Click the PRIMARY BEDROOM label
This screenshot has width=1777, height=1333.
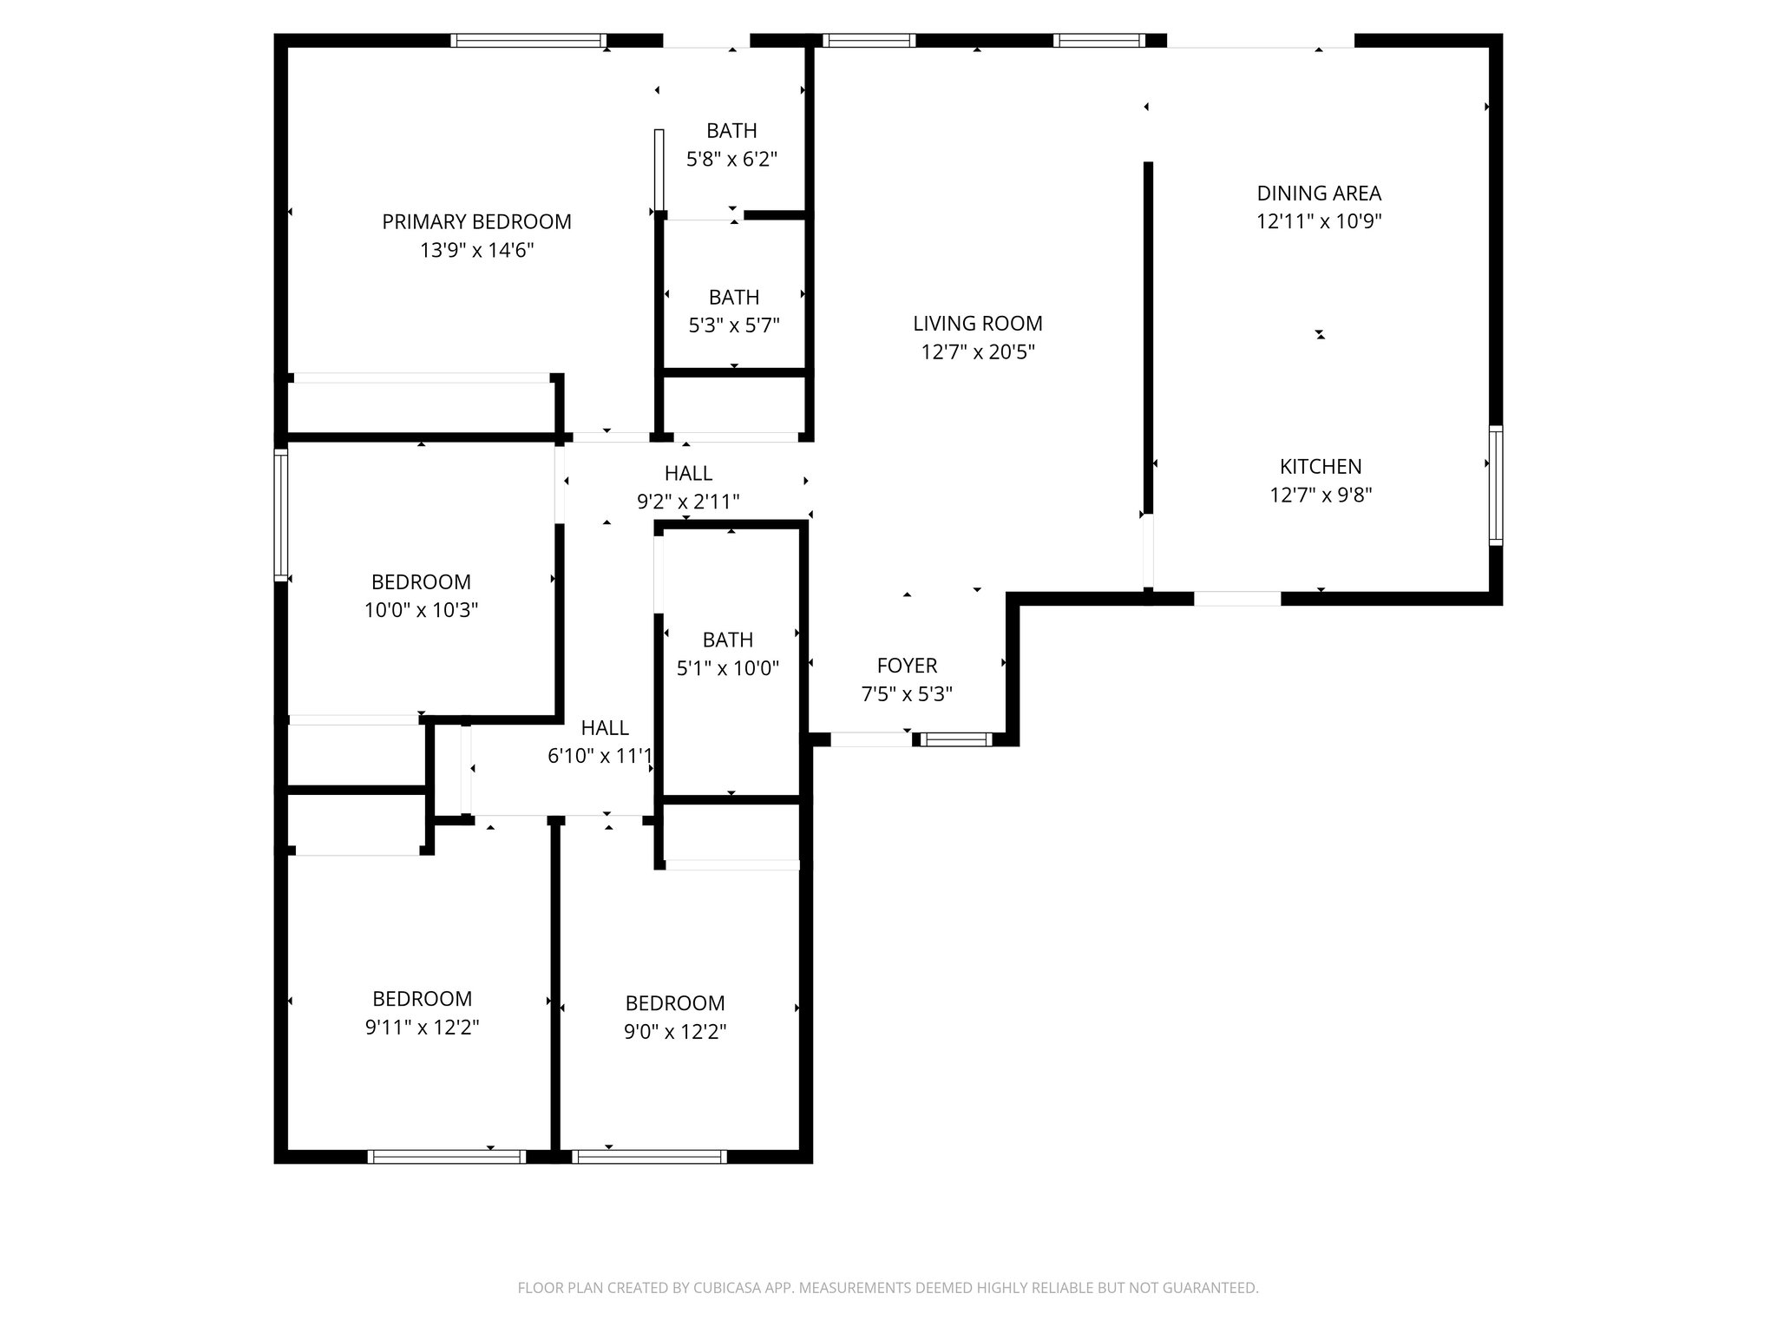[476, 222]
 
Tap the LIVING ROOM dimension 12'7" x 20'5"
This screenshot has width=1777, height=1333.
[978, 352]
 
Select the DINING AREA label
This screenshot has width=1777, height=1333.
[1319, 194]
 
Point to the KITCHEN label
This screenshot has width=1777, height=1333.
[1321, 467]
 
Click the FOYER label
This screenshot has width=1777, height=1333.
[907, 666]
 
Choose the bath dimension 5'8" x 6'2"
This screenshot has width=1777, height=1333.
[731, 160]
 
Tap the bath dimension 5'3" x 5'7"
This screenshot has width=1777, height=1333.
[734, 326]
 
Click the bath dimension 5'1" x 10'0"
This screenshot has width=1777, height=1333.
[728, 668]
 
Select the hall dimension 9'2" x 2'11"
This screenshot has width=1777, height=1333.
[688, 502]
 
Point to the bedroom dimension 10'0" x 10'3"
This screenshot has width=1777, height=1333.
[421, 610]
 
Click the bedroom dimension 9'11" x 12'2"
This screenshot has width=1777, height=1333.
[422, 1028]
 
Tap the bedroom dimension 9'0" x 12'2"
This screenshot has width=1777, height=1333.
[675, 1032]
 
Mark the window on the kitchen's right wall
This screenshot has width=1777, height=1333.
[1495, 485]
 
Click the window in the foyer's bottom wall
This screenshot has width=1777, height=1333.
[955, 739]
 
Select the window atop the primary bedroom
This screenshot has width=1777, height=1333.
[528, 40]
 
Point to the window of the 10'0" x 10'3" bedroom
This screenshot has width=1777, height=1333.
[280, 514]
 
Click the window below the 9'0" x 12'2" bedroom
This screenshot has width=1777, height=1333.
[649, 1156]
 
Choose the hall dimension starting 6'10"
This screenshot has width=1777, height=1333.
[600, 757]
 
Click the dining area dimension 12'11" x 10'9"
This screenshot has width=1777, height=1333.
[1319, 221]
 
